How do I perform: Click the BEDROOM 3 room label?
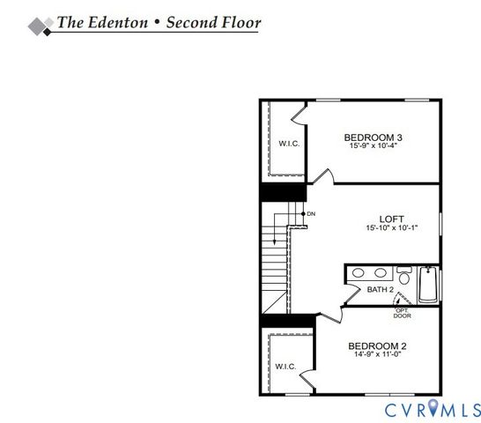point(373,137)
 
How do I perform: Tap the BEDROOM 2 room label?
point(377,345)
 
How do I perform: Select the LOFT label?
point(391,219)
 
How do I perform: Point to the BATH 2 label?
point(379,289)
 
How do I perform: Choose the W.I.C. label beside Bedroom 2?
point(284,366)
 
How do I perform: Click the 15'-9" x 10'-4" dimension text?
point(373,146)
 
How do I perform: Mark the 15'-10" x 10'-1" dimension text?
point(391,227)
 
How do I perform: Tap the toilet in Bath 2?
point(403,274)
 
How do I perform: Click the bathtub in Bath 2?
point(427,284)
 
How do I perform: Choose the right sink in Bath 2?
point(381,274)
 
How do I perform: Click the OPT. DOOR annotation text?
point(402,313)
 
